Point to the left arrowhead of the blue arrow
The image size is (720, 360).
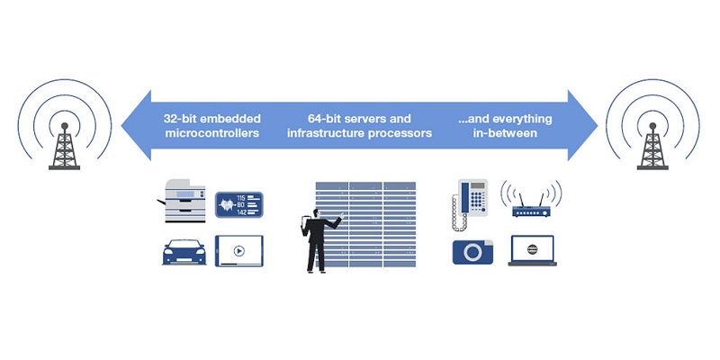tap(135, 125)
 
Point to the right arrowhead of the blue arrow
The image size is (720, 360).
tap(585, 125)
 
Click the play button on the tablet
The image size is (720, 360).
tap(238, 251)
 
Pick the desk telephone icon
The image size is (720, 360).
tap(469, 199)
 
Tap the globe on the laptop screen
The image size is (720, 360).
tap(533, 248)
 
